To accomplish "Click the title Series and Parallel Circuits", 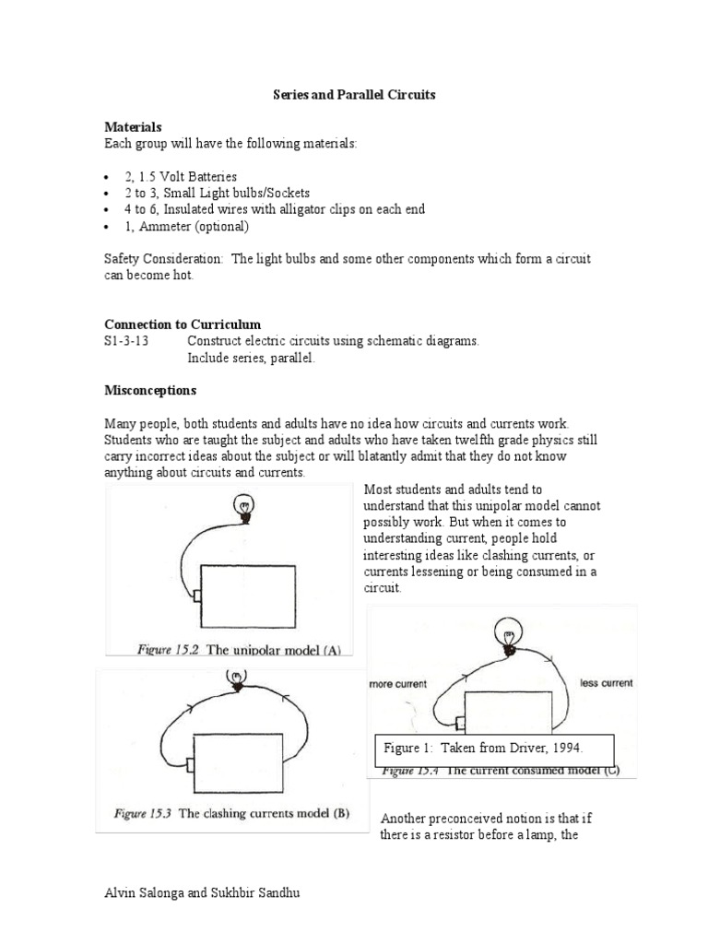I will tap(353, 95).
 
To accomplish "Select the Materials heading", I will tap(133, 127).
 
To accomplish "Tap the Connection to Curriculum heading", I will tap(183, 324).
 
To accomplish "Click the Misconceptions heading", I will tap(150, 390).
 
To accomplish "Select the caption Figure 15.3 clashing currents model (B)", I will tap(230, 813).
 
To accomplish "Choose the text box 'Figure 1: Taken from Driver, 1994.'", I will tap(494, 749).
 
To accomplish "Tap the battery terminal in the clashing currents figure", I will tap(189, 765).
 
